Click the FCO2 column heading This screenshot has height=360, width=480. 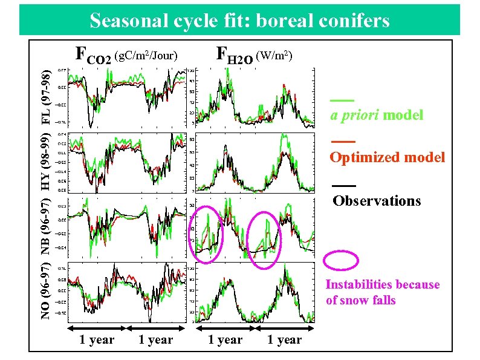tap(92, 56)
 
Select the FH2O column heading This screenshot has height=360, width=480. tap(235, 56)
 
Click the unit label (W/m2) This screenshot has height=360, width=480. tap(275, 56)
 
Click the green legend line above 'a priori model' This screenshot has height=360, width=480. tap(342, 100)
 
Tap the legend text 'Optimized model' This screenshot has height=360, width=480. tap(387, 157)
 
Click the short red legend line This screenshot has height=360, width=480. tap(342, 142)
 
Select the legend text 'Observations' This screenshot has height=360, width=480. tap(377, 201)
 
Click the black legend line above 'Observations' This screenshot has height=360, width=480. tap(343, 185)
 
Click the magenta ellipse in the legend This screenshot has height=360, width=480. tap(342, 259)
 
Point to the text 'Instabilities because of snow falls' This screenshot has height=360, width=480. tap(382, 292)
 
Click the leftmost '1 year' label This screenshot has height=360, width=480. tap(97, 340)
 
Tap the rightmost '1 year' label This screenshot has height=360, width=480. tap(284, 340)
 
